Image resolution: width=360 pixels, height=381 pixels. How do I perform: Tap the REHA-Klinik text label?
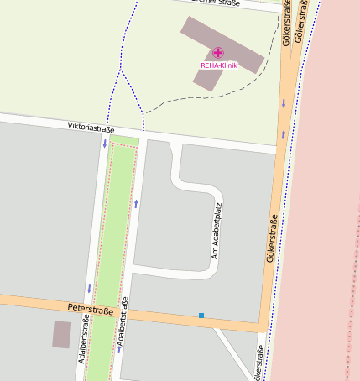pos(218,65)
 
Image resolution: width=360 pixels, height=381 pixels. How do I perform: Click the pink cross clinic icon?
pos(218,52)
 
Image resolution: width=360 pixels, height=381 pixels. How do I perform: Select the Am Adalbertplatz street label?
pos(217,230)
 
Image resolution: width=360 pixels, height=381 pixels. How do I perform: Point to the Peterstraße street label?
pos(91,310)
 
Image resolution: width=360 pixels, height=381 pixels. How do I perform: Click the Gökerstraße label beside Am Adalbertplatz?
pos(272,240)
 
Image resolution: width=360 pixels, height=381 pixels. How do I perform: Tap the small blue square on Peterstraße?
pos(201,316)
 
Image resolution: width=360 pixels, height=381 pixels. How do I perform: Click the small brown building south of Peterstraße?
pos(61,334)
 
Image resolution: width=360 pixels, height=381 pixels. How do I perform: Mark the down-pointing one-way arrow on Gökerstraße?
pos(284,103)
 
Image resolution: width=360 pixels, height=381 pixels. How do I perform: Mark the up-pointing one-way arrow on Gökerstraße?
pos(284,133)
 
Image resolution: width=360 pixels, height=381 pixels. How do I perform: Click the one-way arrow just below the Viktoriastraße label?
pos(104,144)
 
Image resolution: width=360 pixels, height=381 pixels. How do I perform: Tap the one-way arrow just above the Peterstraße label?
pos(88,289)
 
